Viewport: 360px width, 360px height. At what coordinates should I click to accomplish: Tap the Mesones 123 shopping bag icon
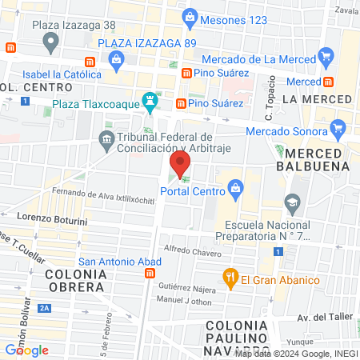[x=190, y=15]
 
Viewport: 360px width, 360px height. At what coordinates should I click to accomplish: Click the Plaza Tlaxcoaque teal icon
[x=148, y=102]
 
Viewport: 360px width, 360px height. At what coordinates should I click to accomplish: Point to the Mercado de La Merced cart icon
[x=325, y=56]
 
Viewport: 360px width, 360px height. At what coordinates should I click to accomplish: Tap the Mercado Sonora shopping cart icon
[x=338, y=127]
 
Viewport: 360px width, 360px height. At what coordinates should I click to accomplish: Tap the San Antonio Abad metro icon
[x=149, y=274]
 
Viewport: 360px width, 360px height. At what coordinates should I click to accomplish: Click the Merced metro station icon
[x=329, y=82]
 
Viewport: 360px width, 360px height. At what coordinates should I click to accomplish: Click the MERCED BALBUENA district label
[x=318, y=159]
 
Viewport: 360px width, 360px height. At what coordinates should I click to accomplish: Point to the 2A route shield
[x=43, y=307]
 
